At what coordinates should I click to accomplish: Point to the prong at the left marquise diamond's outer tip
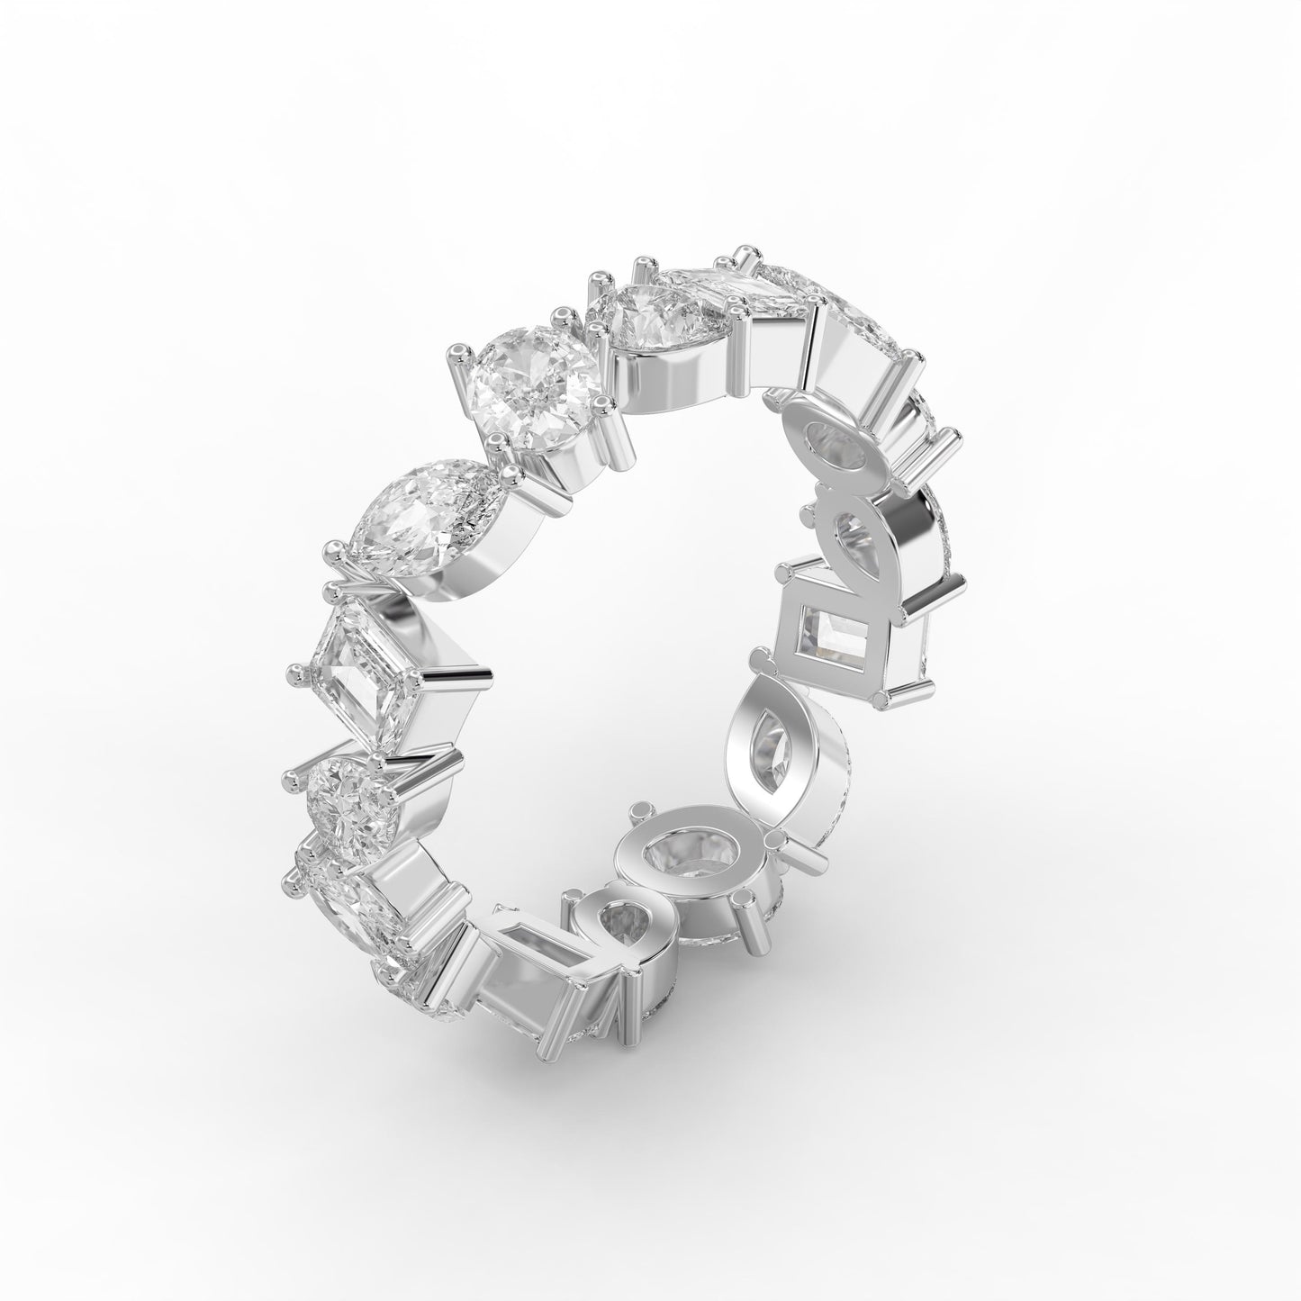pos(335,546)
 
